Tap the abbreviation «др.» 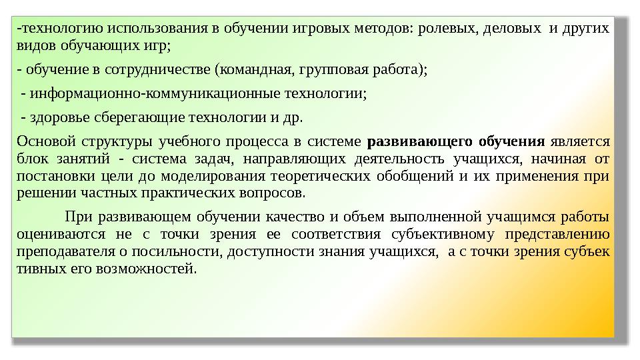[291, 118]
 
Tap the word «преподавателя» [61, 251]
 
